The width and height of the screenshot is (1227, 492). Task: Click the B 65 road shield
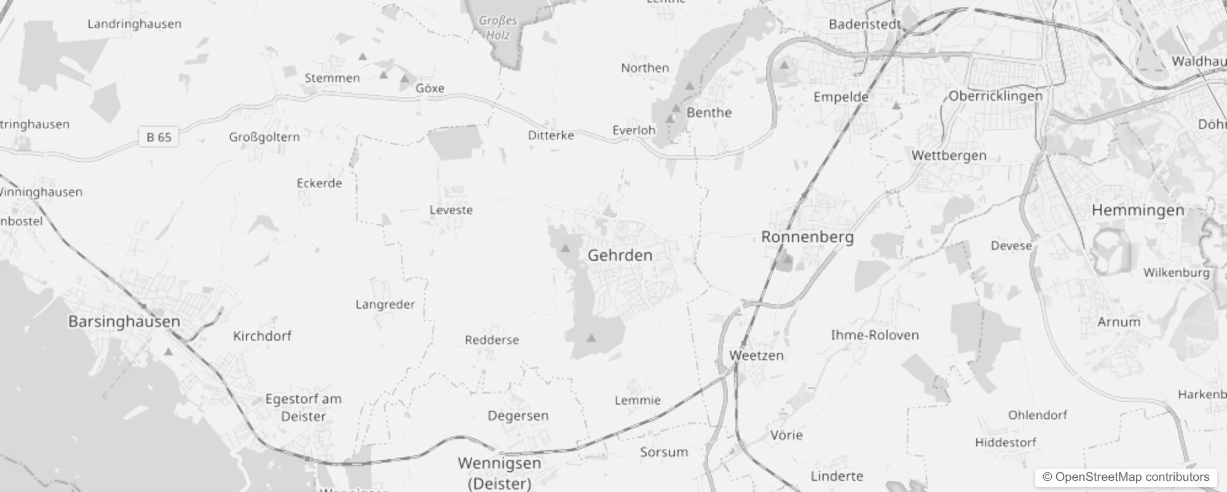(159, 137)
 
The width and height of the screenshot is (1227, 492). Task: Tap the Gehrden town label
(620, 255)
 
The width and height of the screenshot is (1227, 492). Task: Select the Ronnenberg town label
(807, 237)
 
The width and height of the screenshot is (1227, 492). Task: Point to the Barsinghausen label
(124, 322)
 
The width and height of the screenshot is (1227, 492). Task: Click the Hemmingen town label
(1137, 210)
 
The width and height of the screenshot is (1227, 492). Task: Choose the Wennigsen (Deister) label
(499, 472)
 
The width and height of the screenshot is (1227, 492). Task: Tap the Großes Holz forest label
(498, 28)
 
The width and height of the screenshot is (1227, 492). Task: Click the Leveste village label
(451, 210)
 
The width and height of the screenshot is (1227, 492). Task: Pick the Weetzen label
(756, 355)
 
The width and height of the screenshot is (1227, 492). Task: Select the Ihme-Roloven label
(874, 335)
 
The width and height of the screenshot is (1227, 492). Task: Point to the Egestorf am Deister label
(303, 407)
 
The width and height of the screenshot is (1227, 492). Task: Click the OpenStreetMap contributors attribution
(1126, 477)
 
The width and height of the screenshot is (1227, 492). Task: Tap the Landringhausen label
(134, 24)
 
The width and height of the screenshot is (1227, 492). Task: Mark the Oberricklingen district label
(995, 96)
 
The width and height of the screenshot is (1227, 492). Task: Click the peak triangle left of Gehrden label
(565, 248)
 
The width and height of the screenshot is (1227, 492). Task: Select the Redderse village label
(492, 340)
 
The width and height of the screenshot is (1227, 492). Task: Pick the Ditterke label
(551, 135)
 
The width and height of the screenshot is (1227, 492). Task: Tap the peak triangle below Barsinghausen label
(168, 352)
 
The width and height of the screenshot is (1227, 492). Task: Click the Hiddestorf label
(1005, 442)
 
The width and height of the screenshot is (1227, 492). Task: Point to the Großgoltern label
(264, 137)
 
